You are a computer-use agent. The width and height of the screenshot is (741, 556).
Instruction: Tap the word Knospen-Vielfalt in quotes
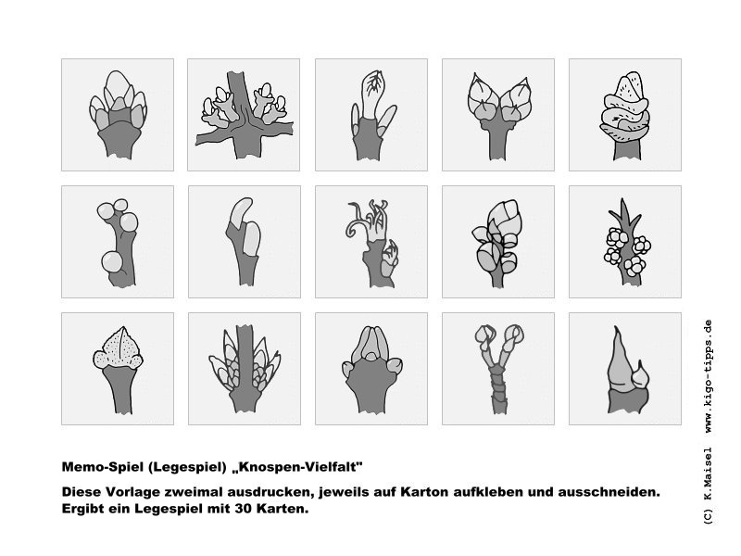click(297, 467)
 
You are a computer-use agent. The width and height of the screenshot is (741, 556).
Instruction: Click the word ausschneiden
click(609, 492)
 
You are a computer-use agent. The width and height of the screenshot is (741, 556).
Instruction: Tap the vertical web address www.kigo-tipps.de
click(708, 377)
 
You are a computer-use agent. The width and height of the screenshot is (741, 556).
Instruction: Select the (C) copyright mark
click(708, 516)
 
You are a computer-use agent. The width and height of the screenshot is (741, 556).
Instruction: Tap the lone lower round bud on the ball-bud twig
click(112, 261)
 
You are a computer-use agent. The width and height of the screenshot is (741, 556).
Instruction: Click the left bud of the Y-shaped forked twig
click(484, 336)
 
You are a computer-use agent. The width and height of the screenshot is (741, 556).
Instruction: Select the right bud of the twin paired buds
click(516, 99)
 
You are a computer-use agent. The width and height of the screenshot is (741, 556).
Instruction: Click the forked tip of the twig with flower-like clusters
click(624, 210)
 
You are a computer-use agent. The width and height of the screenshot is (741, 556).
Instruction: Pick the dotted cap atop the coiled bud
click(629, 86)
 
